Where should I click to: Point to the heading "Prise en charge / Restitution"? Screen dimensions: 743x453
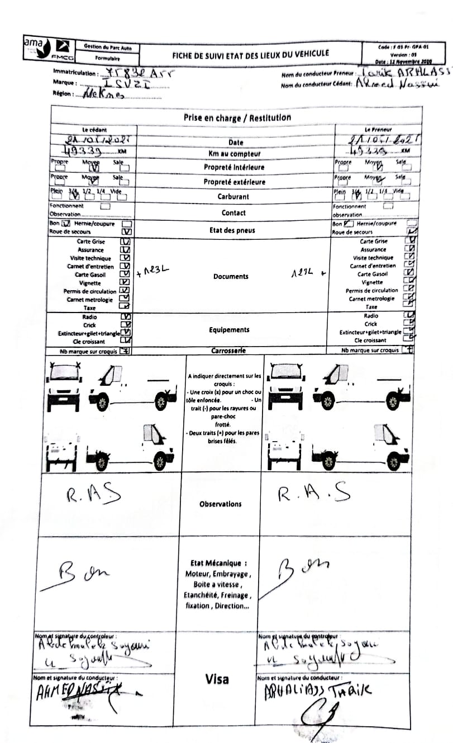click(237, 118)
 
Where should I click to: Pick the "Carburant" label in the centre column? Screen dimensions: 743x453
click(233, 197)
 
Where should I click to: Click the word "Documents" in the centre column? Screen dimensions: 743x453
click(231, 277)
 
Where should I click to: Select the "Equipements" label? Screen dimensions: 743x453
click(229, 330)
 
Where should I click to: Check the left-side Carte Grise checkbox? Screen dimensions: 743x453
click(126, 242)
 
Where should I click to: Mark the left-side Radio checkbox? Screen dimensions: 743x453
click(126, 316)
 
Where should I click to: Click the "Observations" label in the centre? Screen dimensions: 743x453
click(221, 504)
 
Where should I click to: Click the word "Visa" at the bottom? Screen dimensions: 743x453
click(217, 679)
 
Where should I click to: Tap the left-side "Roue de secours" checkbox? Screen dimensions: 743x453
click(126, 231)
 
